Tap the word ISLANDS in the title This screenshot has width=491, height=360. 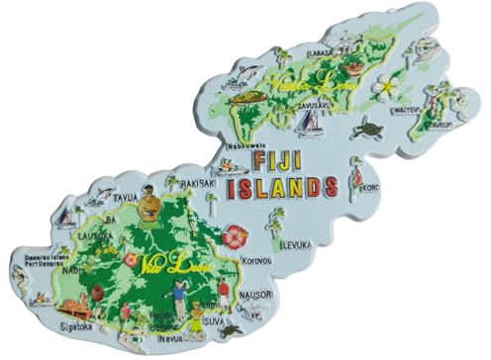click(283, 187)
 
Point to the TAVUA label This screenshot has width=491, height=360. click(126, 197)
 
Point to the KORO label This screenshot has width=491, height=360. click(370, 187)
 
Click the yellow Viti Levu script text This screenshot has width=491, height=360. click(165, 265)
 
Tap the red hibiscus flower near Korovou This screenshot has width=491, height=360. click(235, 237)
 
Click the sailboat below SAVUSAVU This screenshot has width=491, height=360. click(312, 124)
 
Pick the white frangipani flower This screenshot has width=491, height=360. click(386, 90)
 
